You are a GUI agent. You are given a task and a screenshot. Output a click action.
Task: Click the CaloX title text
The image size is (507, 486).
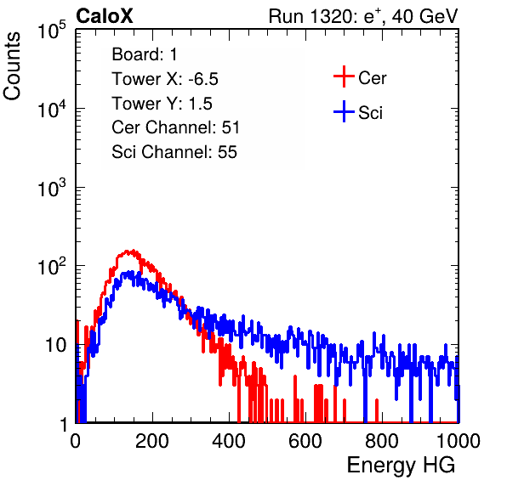click(x=105, y=16)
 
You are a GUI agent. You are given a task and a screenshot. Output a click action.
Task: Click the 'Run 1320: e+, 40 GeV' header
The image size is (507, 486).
click(x=363, y=16)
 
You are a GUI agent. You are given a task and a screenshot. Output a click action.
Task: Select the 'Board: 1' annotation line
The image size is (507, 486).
click(x=145, y=54)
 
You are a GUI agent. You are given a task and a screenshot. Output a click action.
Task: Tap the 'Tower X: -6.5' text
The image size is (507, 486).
click(x=165, y=79)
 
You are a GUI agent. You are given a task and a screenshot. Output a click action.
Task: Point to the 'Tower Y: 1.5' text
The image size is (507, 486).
click(x=162, y=104)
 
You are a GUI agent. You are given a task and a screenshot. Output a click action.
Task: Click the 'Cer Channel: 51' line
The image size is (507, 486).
click(x=175, y=127)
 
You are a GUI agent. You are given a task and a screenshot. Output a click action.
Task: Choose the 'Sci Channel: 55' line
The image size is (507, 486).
click(x=174, y=152)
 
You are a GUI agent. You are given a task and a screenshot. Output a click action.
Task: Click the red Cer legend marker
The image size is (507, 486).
click(x=344, y=76)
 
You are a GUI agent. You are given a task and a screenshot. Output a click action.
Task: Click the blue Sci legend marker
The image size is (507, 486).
click(x=344, y=112)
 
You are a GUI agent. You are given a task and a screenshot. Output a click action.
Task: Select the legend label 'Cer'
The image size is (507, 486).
click(x=372, y=78)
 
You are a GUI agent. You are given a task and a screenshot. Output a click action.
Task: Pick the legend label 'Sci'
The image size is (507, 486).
click(x=370, y=113)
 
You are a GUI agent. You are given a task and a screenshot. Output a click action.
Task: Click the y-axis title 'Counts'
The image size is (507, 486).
click(x=12, y=66)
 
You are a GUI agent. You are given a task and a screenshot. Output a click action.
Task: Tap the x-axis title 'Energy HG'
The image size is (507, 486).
click(x=402, y=466)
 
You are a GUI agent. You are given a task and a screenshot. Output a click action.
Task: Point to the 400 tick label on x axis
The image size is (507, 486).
click(x=229, y=441)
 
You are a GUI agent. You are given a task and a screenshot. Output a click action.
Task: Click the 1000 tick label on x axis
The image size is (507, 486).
click(x=459, y=441)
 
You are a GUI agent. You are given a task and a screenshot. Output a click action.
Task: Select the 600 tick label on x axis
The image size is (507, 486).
click(x=305, y=441)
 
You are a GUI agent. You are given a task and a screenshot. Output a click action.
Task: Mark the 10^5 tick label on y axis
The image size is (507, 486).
click(x=52, y=30)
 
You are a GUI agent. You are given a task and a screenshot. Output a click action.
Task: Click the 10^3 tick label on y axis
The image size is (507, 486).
click(x=52, y=188)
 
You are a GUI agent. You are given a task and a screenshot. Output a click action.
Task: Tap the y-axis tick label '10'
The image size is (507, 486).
click(x=55, y=345)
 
